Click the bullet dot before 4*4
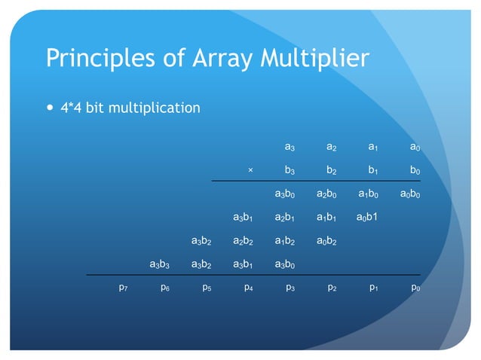pos(51,108)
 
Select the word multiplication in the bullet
pos(155,108)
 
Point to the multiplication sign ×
pos(250,170)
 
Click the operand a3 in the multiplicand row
pos(290,147)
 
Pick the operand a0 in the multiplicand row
pos(415,147)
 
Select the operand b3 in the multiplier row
pos(290,170)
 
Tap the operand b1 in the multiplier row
pos(373,170)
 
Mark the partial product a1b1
pos(331,218)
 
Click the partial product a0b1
pos(372,218)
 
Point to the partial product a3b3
pos(164,264)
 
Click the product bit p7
pos(123,288)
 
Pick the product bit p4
pos(248,288)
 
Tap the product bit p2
pos(332,288)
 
